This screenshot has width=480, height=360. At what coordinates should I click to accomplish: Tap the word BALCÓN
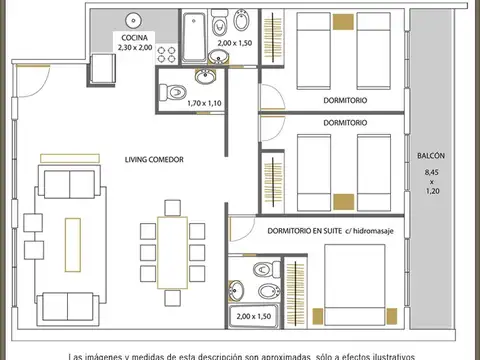click(432, 157)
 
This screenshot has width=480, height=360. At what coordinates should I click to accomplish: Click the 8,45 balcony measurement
click(432, 174)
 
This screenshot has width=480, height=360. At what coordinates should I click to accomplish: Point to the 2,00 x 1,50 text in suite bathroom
click(253, 316)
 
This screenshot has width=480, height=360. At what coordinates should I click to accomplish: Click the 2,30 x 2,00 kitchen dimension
click(135, 47)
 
